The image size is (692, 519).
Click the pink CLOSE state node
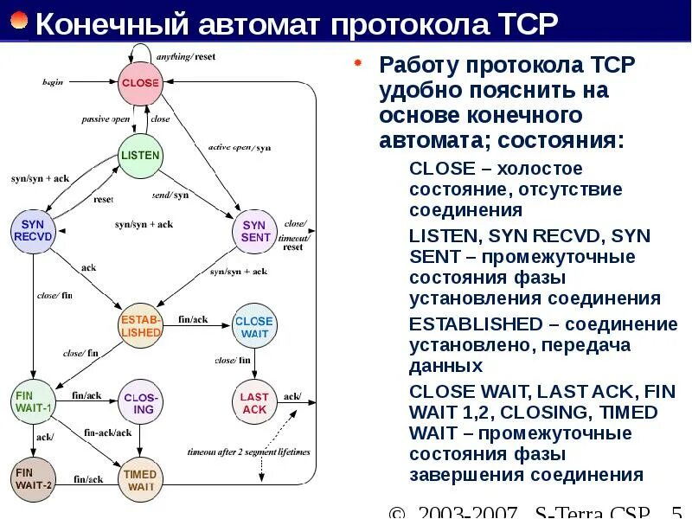coord(140,83)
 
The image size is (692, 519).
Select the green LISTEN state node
coord(139,157)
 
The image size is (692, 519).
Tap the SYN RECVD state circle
coord(34,230)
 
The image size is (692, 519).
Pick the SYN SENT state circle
coord(255,231)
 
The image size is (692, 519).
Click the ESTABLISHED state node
coord(140,325)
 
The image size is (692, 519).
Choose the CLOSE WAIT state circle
coord(254,326)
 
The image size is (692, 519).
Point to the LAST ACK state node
coord(254,402)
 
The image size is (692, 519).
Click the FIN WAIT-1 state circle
coord(34,401)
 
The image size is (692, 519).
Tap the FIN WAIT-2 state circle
coord(34,478)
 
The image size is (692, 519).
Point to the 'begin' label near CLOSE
coord(54,82)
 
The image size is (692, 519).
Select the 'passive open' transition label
coord(106,119)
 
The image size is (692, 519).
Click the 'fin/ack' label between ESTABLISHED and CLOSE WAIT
coord(194,320)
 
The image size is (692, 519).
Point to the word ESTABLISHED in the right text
coord(475,324)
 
